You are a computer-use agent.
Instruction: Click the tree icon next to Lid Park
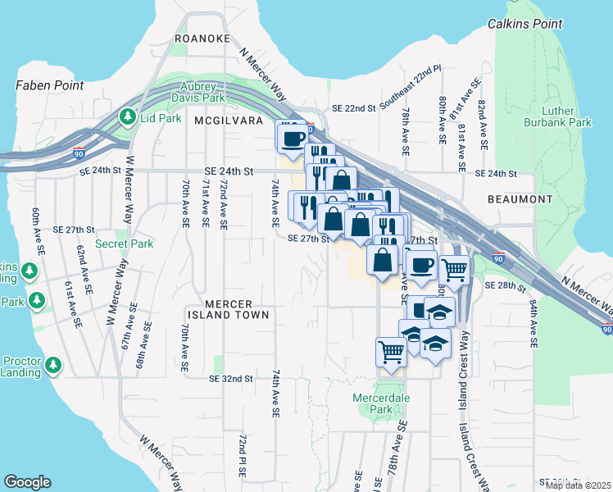[x=127, y=117]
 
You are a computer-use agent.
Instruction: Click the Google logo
[x=27, y=482]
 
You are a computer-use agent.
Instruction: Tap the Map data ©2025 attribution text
[x=579, y=485]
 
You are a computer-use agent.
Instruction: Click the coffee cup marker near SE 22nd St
[x=293, y=138]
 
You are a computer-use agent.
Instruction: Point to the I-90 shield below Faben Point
[x=79, y=153]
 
